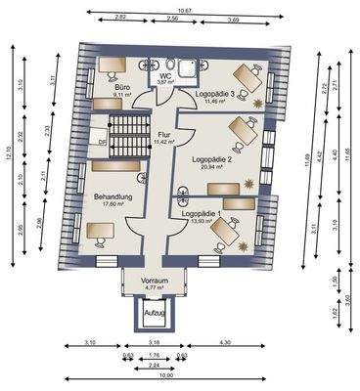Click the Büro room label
click(x=124, y=87)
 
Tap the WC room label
click(x=165, y=74)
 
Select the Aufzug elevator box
click(x=155, y=313)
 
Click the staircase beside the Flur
click(x=124, y=133)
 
